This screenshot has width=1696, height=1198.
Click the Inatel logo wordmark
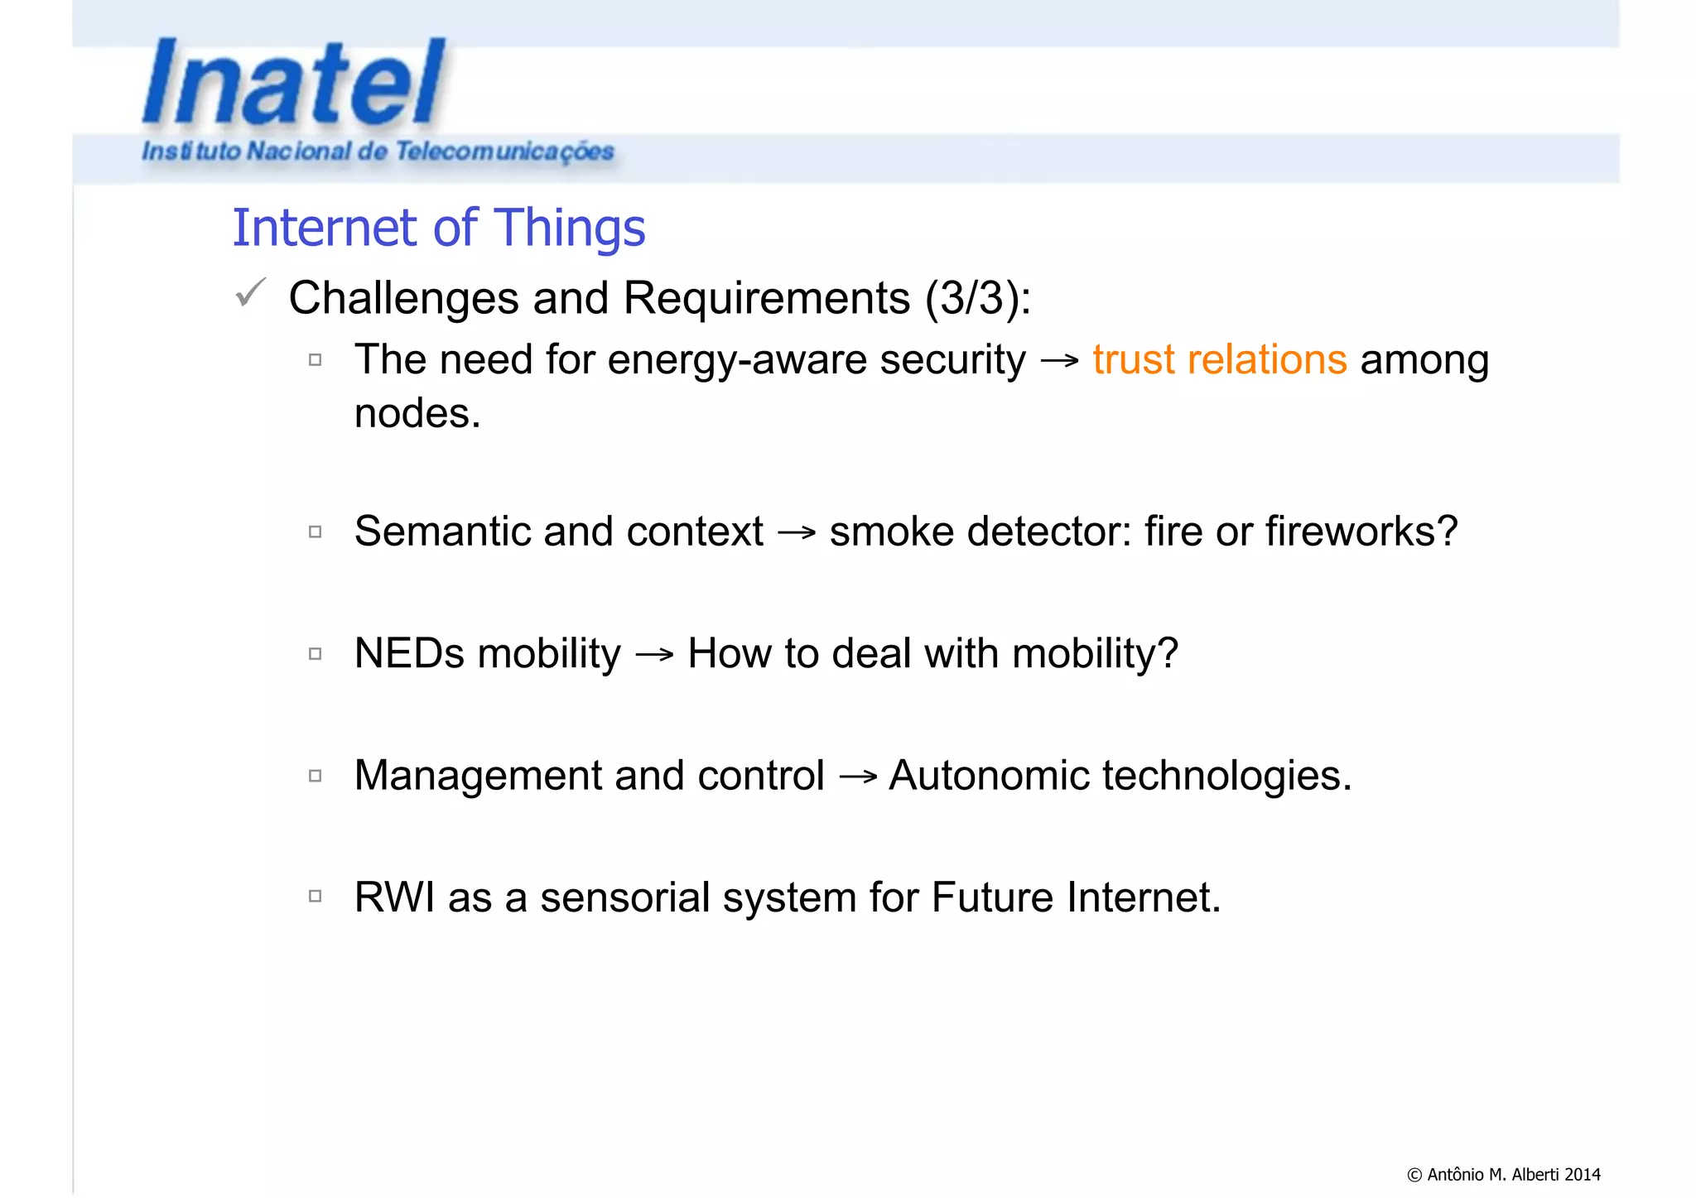tap(294, 83)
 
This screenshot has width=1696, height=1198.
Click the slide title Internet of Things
tap(438, 228)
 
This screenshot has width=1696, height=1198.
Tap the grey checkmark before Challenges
tap(250, 292)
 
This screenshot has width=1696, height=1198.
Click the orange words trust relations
tap(1219, 360)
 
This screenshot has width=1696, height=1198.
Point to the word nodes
tap(417, 413)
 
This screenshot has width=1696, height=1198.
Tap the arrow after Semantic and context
tap(797, 533)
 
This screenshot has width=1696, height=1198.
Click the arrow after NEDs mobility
tap(654, 656)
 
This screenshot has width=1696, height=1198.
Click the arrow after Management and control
tap(857, 777)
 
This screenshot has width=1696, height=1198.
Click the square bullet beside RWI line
tap(315, 896)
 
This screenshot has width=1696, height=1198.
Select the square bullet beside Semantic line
tap(315, 532)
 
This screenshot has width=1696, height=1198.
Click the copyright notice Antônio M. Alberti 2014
tap(1503, 1174)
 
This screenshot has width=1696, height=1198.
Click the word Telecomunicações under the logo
tap(504, 152)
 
